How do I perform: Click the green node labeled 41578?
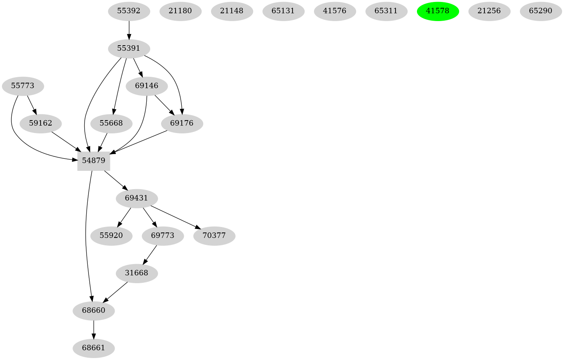pos(438,11)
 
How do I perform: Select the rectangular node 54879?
pos(94,161)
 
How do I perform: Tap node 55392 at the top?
pos(129,11)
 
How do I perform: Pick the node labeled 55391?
pos(129,48)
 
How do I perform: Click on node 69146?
pos(147,86)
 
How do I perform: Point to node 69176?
pos(182,123)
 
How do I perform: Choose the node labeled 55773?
pos(23,86)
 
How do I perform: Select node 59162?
pos(41,123)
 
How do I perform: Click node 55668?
pos(111,123)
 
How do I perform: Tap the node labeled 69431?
pos(137,198)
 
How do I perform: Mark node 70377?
pos(214,236)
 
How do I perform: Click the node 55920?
pos(111,236)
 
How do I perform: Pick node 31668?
pos(137,273)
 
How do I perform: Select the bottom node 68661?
pos(94,348)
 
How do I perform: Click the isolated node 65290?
pos(541,11)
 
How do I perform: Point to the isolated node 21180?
pos(180,11)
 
